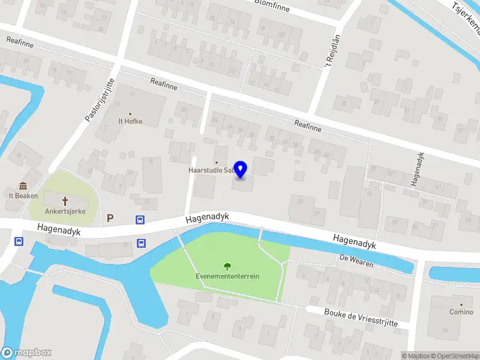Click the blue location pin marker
[x=241, y=169]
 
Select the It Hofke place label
[x=130, y=121]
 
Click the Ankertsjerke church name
[x=65, y=211]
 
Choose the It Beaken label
[x=23, y=196]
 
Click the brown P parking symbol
[x=110, y=218]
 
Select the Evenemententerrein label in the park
[x=227, y=277]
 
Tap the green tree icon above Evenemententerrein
[x=227, y=266]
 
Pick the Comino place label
[x=461, y=312]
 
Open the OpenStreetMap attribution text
[x=455, y=356]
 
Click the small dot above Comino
[x=461, y=304]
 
